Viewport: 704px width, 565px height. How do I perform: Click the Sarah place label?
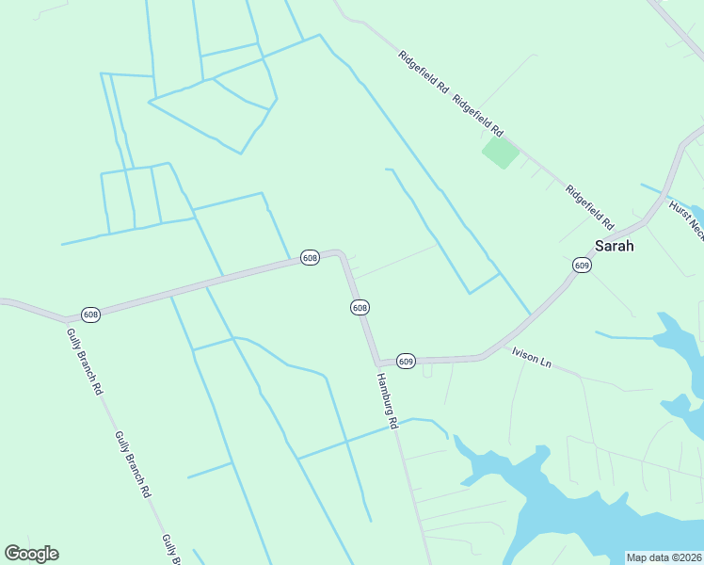pos(614,246)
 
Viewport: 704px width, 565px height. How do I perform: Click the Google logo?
pos(31,554)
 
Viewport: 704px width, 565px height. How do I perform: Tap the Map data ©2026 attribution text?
pos(664,557)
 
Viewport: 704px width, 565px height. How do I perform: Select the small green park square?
pos(500,152)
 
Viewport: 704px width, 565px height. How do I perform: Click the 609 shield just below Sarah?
pos(582,266)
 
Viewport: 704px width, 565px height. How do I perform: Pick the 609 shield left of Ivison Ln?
pos(406,361)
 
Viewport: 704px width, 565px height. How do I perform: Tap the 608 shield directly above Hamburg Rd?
pos(360,308)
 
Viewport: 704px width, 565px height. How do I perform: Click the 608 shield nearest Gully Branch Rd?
pos(90,314)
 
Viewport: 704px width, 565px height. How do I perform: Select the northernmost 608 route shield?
pos(310,257)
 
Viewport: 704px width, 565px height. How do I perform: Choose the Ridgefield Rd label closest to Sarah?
pos(589,207)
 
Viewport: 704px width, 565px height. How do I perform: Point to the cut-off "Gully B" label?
pos(171,548)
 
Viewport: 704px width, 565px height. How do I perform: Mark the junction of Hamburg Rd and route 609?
pos(377,363)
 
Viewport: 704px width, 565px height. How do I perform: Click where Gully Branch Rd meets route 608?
pos(66,320)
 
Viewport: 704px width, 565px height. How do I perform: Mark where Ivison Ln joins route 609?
pos(484,357)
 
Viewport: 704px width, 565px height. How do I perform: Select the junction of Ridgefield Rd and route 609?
pos(644,223)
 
